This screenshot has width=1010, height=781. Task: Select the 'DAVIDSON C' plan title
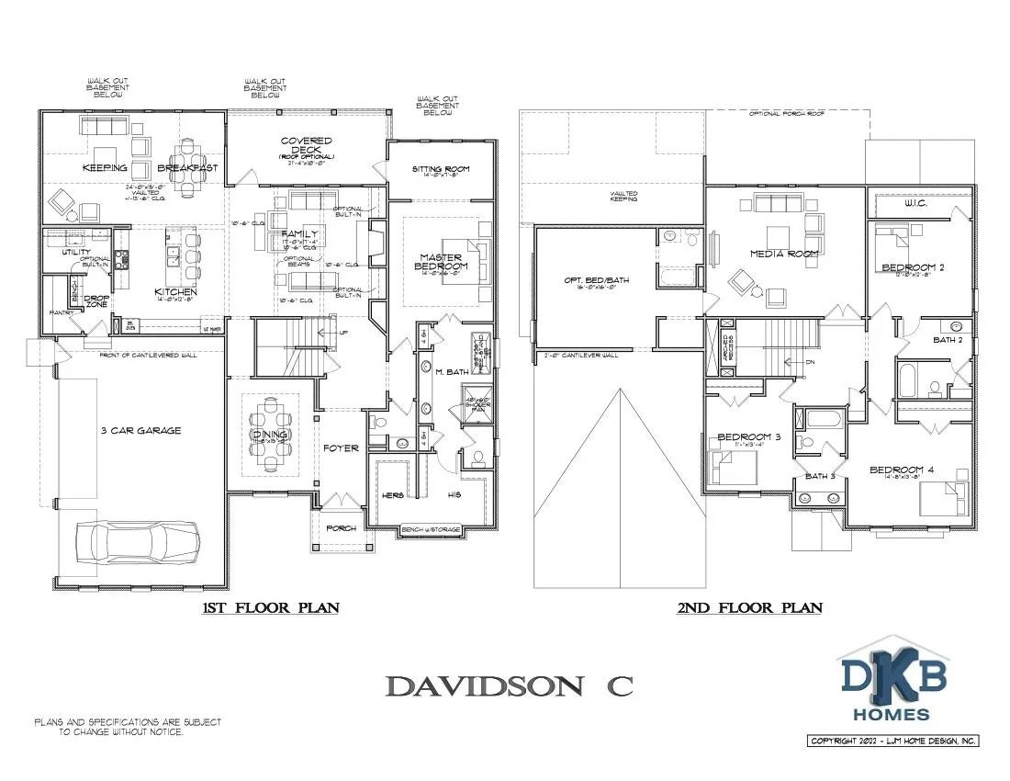(x=509, y=685)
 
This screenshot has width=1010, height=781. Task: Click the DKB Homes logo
(x=894, y=680)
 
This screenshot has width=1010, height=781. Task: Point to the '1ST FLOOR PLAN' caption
(x=272, y=607)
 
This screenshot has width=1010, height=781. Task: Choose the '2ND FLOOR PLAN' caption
(x=749, y=607)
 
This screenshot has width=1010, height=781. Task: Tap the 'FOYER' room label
(x=340, y=449)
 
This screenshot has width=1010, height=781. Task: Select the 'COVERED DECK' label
(x=307, y=145)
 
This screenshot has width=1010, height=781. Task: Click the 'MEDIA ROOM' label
(x=778, y=254)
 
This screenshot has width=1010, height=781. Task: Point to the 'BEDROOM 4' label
(x=902, y=470)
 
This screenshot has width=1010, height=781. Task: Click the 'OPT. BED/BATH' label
(x=596, y=280)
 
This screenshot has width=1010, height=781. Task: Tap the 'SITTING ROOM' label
(x=440, y=170)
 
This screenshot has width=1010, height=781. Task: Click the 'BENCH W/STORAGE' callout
(x=431, y=530)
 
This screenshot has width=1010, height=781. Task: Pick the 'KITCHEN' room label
(x=175, y=292)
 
